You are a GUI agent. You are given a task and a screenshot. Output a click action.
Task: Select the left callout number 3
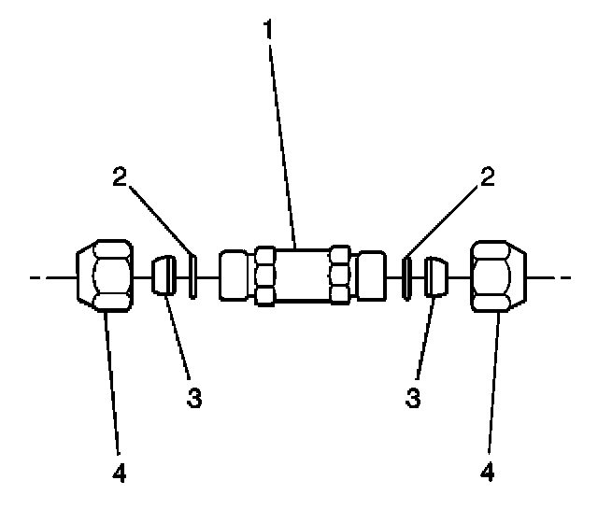pos(193,397)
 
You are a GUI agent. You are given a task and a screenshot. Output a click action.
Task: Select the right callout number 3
pos(412,397)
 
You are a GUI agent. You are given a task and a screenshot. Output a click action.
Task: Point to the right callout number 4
pos(487,472)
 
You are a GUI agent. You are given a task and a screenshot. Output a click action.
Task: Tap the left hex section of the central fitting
pos(264,276)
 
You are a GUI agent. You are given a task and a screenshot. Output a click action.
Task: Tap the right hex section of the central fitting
pos(340,276)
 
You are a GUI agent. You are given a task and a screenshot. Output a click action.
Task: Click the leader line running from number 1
pos(281,140)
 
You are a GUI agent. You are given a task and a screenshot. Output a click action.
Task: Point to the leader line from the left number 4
pos(110,383)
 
